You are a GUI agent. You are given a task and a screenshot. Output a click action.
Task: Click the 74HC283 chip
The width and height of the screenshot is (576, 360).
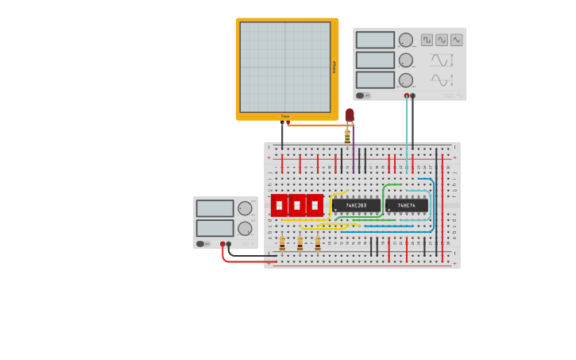(x=356, y=205)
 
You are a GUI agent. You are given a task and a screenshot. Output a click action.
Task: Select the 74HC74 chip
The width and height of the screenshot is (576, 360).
(x=406, y=205)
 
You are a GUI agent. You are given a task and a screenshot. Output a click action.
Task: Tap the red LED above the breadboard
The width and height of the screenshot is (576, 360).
(x=350, y=115)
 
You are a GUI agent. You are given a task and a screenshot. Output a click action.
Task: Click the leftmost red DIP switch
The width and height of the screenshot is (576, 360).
(x=280, y=205)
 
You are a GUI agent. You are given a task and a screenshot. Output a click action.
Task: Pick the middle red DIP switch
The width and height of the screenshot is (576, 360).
(x=297, y=205)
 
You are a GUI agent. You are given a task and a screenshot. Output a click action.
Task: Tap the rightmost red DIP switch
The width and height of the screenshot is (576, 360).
(x=315, y=205)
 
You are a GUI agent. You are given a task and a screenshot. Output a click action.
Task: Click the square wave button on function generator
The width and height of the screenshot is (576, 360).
(x=427, y=40)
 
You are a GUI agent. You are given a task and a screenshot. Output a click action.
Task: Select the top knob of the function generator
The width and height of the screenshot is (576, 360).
(x=406, y=40)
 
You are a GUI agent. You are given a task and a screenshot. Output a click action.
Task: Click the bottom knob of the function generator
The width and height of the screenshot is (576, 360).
(x=406, y=80)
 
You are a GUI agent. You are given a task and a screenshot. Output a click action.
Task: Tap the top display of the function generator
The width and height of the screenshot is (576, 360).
(x=375, y=40)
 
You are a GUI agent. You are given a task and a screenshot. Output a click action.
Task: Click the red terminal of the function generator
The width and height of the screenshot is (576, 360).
(x=407, y=96)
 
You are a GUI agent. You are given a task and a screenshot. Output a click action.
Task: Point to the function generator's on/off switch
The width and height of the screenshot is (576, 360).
(x=361, y=95)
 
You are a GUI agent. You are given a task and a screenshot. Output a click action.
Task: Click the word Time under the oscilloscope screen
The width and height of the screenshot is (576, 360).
(x=285, y=117)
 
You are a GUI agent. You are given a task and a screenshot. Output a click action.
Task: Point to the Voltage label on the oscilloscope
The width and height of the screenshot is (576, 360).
(x=334, y=68)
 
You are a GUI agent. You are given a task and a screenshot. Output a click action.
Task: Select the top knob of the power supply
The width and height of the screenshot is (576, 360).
(x=245, y=208)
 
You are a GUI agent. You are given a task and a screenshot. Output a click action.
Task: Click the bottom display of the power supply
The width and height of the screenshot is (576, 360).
(x=215, y=228)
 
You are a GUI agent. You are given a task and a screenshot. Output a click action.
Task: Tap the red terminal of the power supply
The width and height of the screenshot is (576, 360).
(x=222, y=245)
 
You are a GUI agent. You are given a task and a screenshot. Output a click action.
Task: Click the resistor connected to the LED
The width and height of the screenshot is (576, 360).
(x=347, y=136)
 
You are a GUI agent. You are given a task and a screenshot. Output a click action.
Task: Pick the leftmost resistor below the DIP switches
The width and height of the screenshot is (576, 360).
(x=282, y=244)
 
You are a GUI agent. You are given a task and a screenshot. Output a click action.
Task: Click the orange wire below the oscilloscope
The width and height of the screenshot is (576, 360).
(x=318, y=125)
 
